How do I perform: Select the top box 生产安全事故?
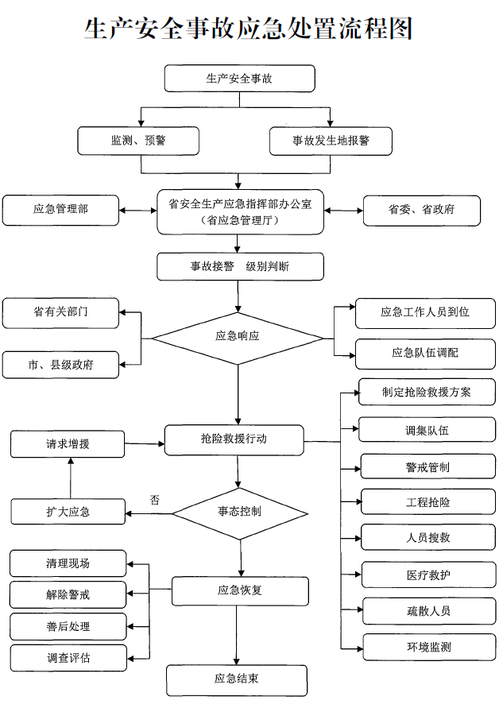pyautogui.click(x=239, y=79)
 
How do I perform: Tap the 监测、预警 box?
pyautogui.click(x=137, y=141)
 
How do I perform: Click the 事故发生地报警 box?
pyautogui.click(x=331, y=141)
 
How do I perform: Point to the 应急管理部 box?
pyautogui.click(x=60, y=210)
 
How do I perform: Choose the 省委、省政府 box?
pyautogui.click(x=422, y=210)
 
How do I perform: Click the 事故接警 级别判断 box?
pyautogui.click(x=239, y=267)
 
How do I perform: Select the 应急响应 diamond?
pyautogui.click(x=238, y=336)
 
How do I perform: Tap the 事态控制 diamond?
pyautogui.click(x=239, y=511)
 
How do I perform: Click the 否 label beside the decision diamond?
pyautogui.click(x=155, y=500)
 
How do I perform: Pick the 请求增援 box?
pyautogui.click(x=68, y=443)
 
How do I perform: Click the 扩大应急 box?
pyautogui.click(x=68, y=512)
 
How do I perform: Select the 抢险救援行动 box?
pyautogui.click(x=234, y=439)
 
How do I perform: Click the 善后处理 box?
pyautogui.click(x=68, y=626)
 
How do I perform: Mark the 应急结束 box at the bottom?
pyautogui.click(x=237, y=679)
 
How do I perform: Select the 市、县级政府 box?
pyautogui.click(x=60, y=365)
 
